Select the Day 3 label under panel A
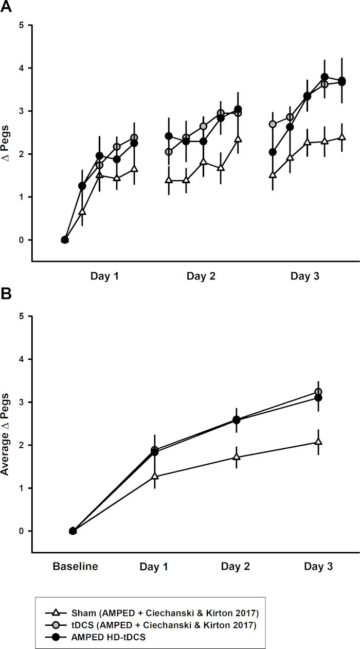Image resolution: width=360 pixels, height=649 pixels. coord(304,276)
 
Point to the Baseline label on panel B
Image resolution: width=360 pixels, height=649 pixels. coord(76,567)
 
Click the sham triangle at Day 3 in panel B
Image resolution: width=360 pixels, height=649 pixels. coord(318,442)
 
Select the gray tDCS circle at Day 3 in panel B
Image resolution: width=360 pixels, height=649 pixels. coord(318,392)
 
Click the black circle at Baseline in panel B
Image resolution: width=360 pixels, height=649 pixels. coord(73,531)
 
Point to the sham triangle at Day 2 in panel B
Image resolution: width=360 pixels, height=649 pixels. coord(237,457)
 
